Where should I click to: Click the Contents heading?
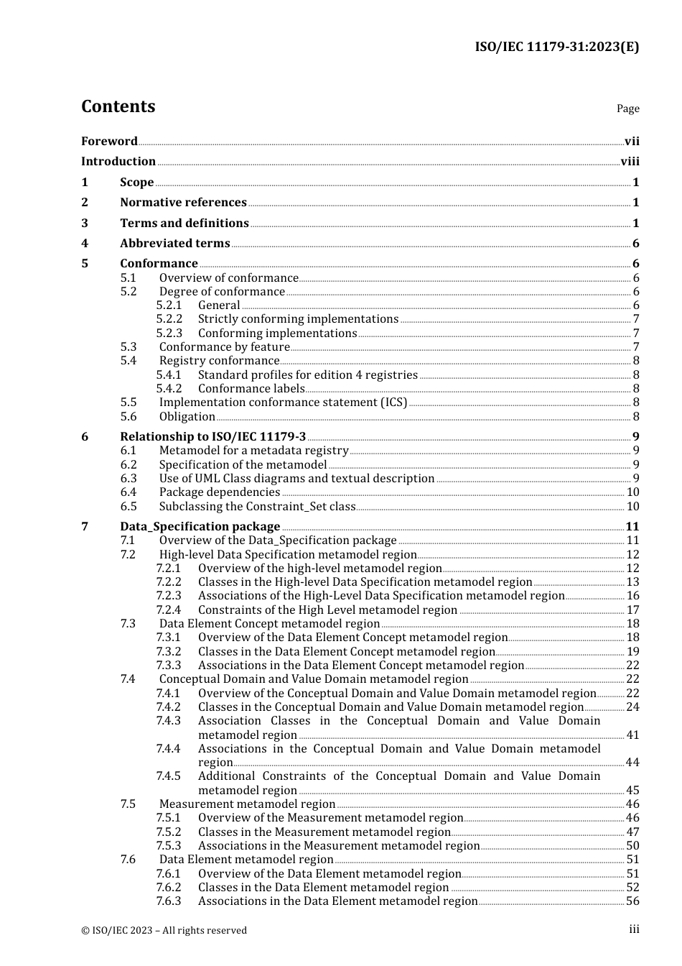[118, 106]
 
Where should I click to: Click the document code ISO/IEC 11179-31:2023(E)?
[556, 47]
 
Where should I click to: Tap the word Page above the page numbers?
[627, 109]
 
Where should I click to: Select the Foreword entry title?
[109, 142]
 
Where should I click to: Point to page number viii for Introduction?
[630, 162]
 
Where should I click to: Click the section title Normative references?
[183, 203]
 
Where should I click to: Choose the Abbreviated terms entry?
[175, 244]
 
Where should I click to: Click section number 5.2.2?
[169, 319]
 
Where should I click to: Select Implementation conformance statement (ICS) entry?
[283, 402]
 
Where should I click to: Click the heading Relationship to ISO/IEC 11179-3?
[212, 437]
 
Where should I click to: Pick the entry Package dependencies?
[220, 492]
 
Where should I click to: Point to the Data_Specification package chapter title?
[200, 527]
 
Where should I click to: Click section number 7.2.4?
[169, 610]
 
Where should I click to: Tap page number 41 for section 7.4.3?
[632, 735]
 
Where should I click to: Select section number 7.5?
[128, 804]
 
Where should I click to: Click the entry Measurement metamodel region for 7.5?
[247, 804]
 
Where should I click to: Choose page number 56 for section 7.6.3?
[632, 901]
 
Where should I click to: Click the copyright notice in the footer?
[164, 930]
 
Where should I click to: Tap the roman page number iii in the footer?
[634, 929]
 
